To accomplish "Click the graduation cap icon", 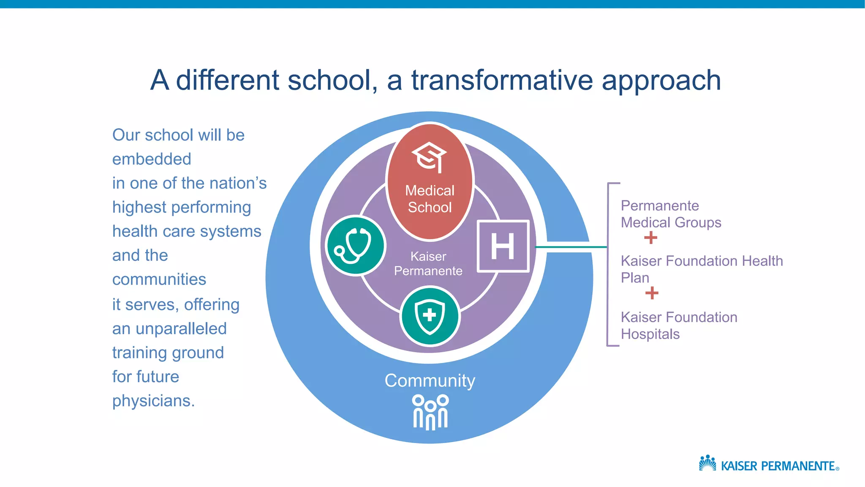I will (x=430, y=157).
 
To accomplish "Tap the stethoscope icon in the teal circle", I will (x=356, y=246).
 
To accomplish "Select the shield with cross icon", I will (x=430, y=316).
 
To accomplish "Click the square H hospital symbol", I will (x=503, y=246).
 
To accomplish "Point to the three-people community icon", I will (x=430, y=412).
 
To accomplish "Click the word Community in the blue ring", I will (x=430, y=380).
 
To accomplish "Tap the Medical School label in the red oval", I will (x=430, y=199).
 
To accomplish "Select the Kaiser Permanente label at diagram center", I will (x=428, y=263).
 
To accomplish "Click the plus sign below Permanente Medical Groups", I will (x=650, y=238).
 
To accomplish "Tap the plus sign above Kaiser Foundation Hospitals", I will (x=652, y=293).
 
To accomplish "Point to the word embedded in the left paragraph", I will (x=152, y=159).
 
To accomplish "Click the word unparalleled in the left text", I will (x=181, y=328).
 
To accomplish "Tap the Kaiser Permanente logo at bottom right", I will (x=769, y=465).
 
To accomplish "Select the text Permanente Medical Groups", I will (x=671, y=214).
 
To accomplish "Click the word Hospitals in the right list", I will (x=650, y=334).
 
